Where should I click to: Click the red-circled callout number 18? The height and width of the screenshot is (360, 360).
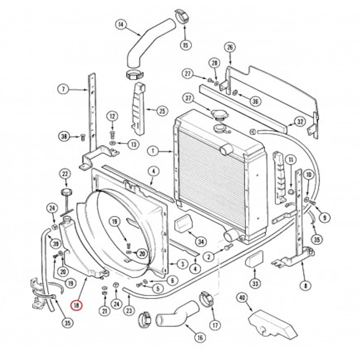click(x=76, y=305)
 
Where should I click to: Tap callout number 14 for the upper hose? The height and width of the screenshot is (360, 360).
click(x=121, y=25)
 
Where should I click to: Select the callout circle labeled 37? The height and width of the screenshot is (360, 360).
click(x=188, y=98)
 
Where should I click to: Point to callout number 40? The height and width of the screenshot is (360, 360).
click(x=243, y=298)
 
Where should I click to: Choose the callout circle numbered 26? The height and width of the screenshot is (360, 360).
click(x=230, y=47)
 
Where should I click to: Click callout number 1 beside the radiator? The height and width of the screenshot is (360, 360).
click(x=153, y=151)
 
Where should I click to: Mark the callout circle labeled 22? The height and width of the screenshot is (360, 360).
click(x=65, y=174)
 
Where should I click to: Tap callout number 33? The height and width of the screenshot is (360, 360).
click(x=255, y=283)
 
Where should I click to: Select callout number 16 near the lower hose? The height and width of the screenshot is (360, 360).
click(x=200, y=337)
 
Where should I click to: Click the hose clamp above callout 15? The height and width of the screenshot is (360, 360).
click(x=183, y=16)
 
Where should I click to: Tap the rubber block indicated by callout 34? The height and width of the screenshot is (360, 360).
click(x=184, y=223)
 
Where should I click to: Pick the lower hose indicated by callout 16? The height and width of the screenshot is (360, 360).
click(x=177, y=313)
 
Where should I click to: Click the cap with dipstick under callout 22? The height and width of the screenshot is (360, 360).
click(x=67, y=200)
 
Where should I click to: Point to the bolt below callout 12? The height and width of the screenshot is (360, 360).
click(x=112, y=134)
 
